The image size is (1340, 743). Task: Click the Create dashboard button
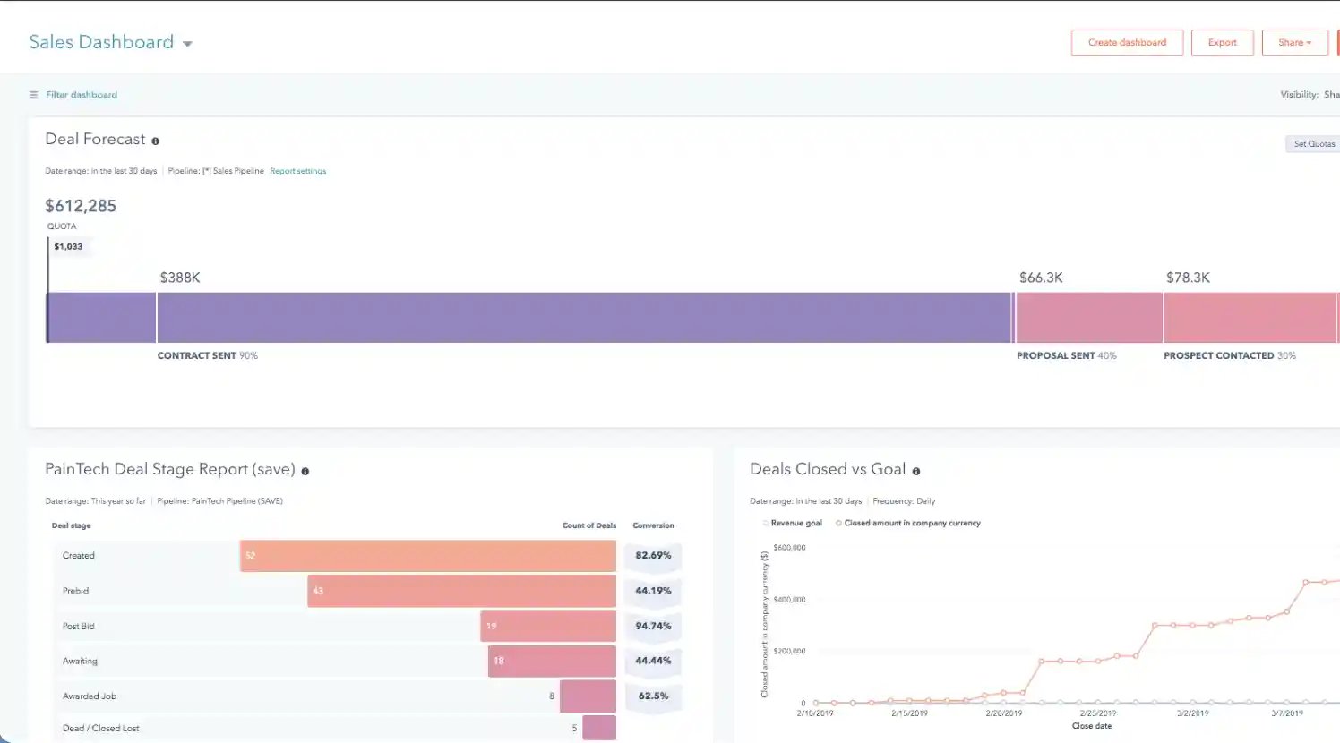[1127, 43]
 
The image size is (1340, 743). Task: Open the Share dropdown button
[1294, 43]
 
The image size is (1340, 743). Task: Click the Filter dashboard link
[81, 95]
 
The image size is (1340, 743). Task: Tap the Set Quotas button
[1313, 144]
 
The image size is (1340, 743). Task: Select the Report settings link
[297, 171]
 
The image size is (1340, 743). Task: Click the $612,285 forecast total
[81, 206]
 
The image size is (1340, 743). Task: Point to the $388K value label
[180, 278]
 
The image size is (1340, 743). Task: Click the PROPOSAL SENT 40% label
[1066, 356]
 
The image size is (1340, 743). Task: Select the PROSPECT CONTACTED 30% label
[1229, 356]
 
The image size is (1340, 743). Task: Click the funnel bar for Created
[428, 556]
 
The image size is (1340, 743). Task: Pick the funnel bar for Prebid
[461, 591]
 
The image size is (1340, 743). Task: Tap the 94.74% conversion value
[653, 626]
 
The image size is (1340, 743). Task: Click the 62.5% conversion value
[653, 696]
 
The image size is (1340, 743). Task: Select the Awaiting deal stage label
[80, 662]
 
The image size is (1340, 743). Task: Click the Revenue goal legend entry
[795, 523]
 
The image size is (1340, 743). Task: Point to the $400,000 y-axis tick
[789, 600]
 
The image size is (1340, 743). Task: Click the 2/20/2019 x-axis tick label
[1003, 713]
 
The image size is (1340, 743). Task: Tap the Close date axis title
[1091, 726]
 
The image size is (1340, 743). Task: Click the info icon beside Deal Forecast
[155, 141]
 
